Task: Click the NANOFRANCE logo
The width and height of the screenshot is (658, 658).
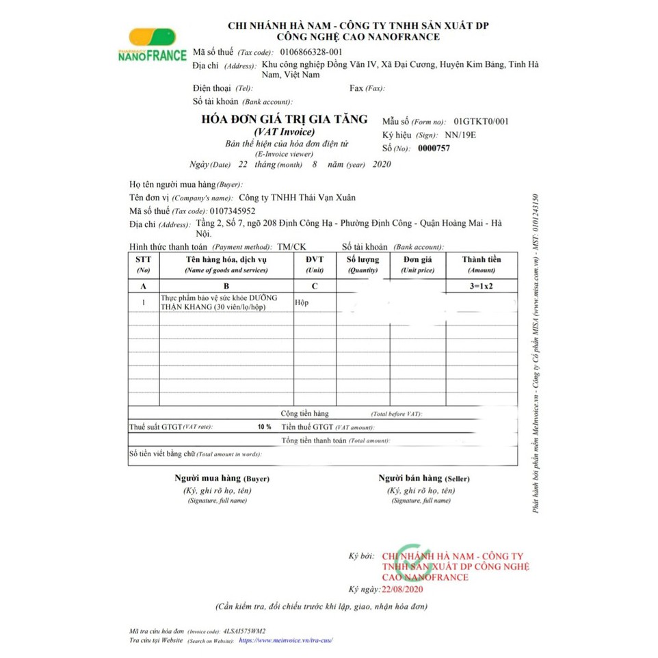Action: pyautogui.click(x=152, y=47)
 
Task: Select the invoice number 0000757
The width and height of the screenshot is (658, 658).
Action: pyautogui.click(x=434, y=148)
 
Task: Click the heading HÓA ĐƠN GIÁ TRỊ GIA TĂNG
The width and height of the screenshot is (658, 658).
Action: pyautogui.click(x=284, y=119)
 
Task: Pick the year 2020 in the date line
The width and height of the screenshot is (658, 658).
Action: pyautogui.click(x=382, y=165)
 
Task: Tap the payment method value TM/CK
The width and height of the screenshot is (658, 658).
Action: pyautogui.click(x=292, y=246)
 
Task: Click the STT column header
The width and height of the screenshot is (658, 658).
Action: pyautogui.click(x=144, y=264)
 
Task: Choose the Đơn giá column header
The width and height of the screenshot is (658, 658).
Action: pyautogui.click(x=417, y=264)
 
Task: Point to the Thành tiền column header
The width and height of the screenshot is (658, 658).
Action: pyautogui.click(x=482, y=264)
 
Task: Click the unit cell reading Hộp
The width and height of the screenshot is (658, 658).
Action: pyautogui.click(x=302, y=302)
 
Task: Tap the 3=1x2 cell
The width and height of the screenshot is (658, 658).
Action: pyautogui.click(x=482, y=286)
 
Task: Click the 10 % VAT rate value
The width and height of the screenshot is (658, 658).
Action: pyautogui.click(x=264, y=427)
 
